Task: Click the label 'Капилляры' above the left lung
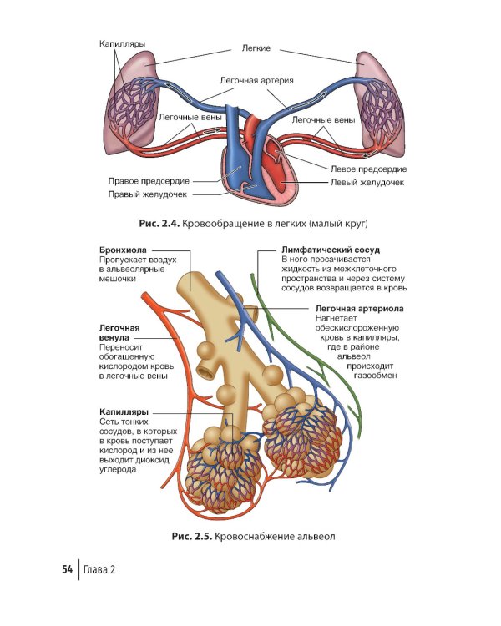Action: point(122,44)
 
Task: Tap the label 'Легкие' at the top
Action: point(256,48)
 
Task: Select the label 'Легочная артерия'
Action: point(256,80)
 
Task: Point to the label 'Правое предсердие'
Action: point(149,181)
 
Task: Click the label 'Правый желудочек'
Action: point(148,194)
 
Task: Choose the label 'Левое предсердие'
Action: point(368,169)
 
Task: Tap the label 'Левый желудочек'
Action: point(367,183)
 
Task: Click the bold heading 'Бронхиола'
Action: point(123,250)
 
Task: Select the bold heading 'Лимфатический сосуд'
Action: point(331,250)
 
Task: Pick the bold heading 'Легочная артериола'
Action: point(360,309)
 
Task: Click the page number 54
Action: point(67,569)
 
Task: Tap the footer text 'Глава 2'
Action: point(99,569)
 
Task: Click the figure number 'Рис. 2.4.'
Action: point(159,223)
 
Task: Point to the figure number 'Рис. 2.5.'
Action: point(192,536)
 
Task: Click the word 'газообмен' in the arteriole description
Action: point(376,376)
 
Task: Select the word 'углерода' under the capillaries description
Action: point(118,470)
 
